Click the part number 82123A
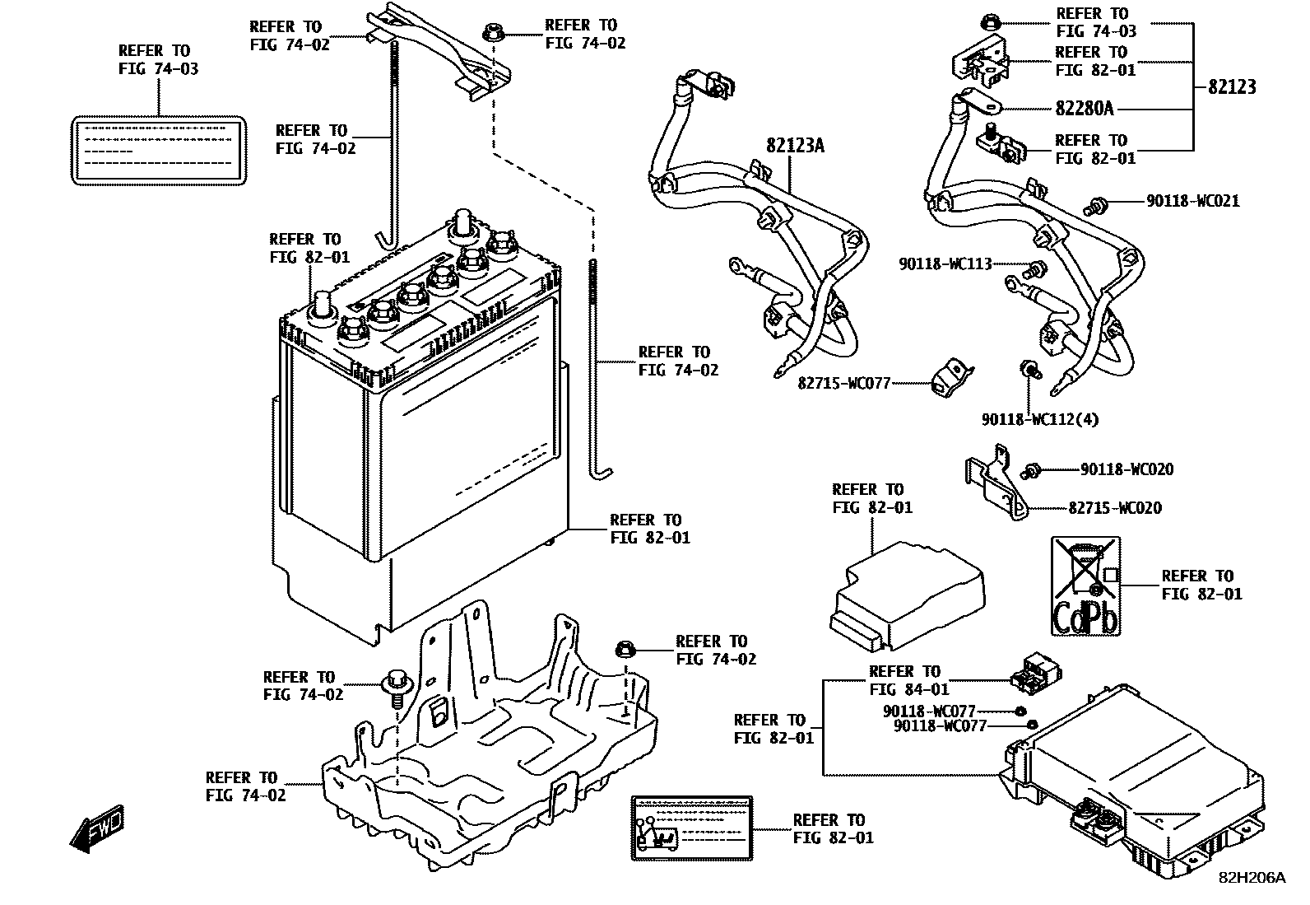click(794, 147)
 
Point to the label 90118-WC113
click(945, 264)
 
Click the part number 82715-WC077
click(843, 383)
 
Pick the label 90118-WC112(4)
click(1039, 419)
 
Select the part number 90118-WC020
click(1127, 469)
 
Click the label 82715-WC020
click(1115, 508)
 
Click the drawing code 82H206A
click(1251, 878)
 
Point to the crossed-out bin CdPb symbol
click(1085, 585)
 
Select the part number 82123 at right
click(1232, 87)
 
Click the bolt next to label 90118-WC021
click(1096, 205)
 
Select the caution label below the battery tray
click(692, 828)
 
